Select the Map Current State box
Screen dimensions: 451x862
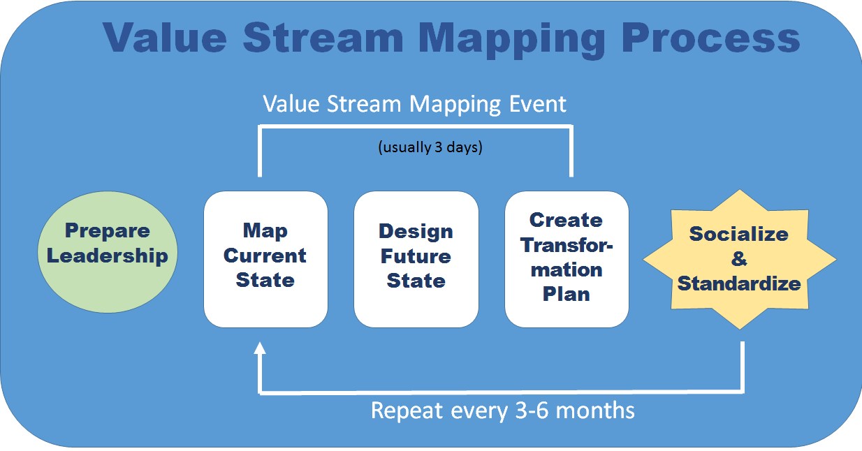265,259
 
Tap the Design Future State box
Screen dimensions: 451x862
416,259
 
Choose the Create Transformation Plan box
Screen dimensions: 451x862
567,259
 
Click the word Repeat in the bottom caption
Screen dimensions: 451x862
407,410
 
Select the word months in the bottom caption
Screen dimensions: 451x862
599,410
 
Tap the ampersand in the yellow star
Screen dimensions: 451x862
738,260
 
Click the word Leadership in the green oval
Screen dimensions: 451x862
108,256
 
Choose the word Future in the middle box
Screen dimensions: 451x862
416,256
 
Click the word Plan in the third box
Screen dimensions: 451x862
567,294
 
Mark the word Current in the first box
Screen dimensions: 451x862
265,256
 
